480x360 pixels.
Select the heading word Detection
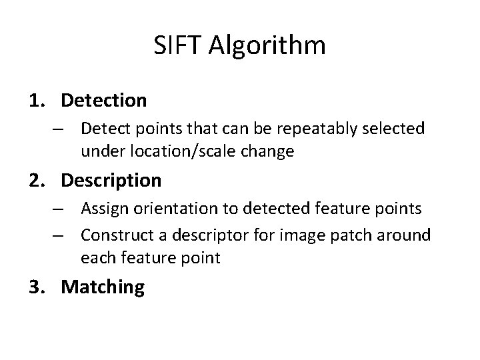[x=103, y=101]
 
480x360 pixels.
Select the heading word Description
[x=111, y=181]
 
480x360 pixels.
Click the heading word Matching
[x=103, y=287]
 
